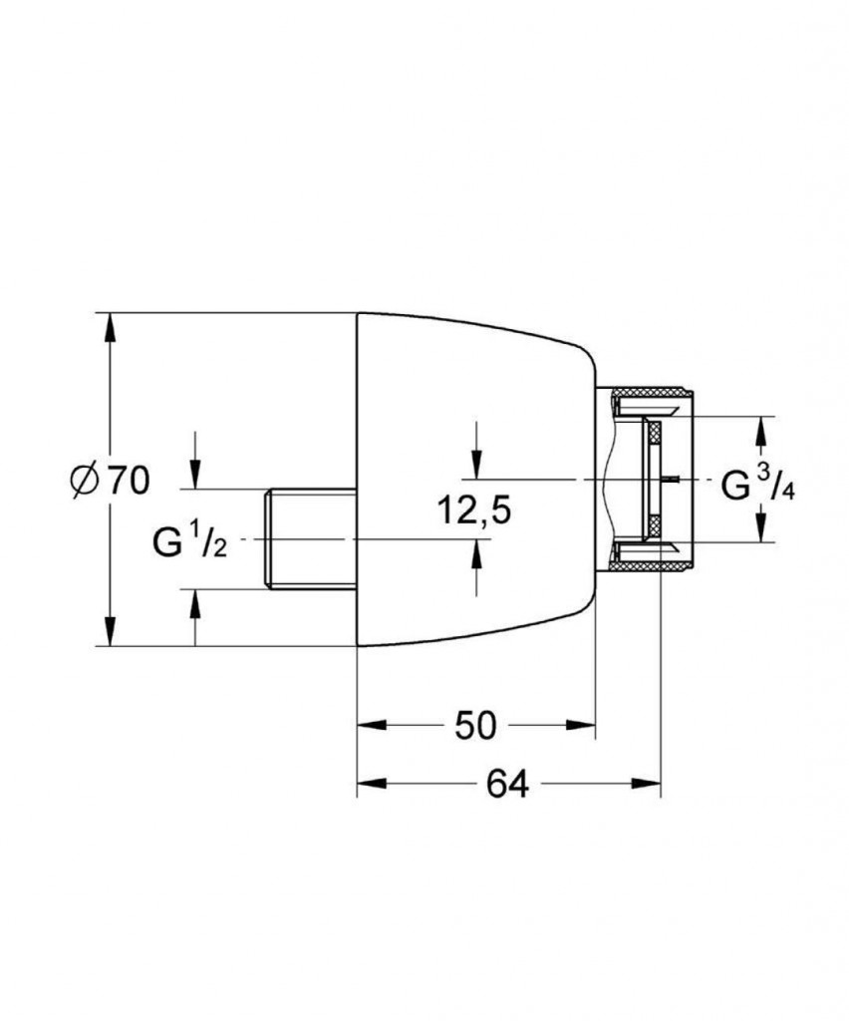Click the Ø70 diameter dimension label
click(x=110, y=481)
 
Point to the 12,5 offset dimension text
click(x=473, y=510)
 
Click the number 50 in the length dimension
click(x=475, y=725)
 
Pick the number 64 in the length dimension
click(x=508, y=784)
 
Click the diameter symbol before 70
click(x=85, y=482)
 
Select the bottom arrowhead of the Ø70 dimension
click(x=112, y=631)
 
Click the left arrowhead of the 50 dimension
click(x=372, y=725)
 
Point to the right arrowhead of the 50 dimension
click(x=581, y=725)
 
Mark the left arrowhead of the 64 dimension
click(x=372, y=784)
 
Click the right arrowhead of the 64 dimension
click(x=646, y=784)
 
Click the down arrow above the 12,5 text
click(x=477, y=465)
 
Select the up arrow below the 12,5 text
click(x=477, y=554)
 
